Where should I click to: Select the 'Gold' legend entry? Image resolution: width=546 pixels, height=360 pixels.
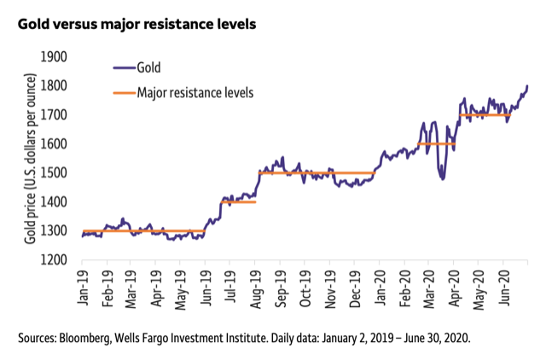coord(148,67)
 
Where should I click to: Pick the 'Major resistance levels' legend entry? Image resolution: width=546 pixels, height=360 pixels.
coord(195,89)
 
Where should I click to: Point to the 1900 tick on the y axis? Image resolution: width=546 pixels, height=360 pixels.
coord(55,56)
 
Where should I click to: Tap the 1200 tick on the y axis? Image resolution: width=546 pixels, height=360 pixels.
coord(55,259)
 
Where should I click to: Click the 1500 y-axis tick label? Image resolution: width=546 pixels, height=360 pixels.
coord(55,172)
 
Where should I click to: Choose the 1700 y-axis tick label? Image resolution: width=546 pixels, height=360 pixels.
coord(55,114)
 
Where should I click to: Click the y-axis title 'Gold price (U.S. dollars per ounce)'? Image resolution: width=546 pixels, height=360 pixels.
coord(29,158)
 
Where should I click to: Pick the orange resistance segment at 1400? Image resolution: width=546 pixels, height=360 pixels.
coord(239,201)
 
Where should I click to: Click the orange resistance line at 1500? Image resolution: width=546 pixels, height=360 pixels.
coord(316,172)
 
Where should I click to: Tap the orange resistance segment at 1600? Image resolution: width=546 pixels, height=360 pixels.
coord(435,143)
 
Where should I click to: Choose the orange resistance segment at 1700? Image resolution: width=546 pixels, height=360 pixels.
coord(485,114)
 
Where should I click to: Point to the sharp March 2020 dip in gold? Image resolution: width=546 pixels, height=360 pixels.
coord(442,177)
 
